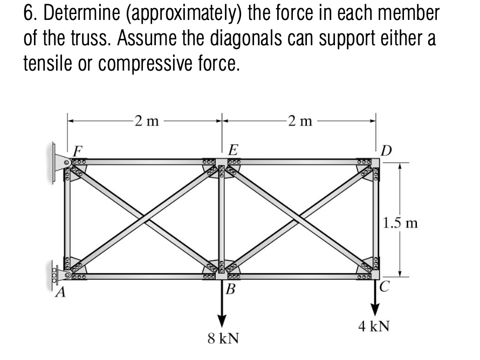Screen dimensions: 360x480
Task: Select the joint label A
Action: point(64,292)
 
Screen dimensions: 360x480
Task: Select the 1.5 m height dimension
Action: point(401,222)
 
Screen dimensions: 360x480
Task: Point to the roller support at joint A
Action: point(58,276)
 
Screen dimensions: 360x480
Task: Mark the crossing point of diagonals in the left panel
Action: point(143,218)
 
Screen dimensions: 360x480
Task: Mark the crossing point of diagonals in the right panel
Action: point(298,218)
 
